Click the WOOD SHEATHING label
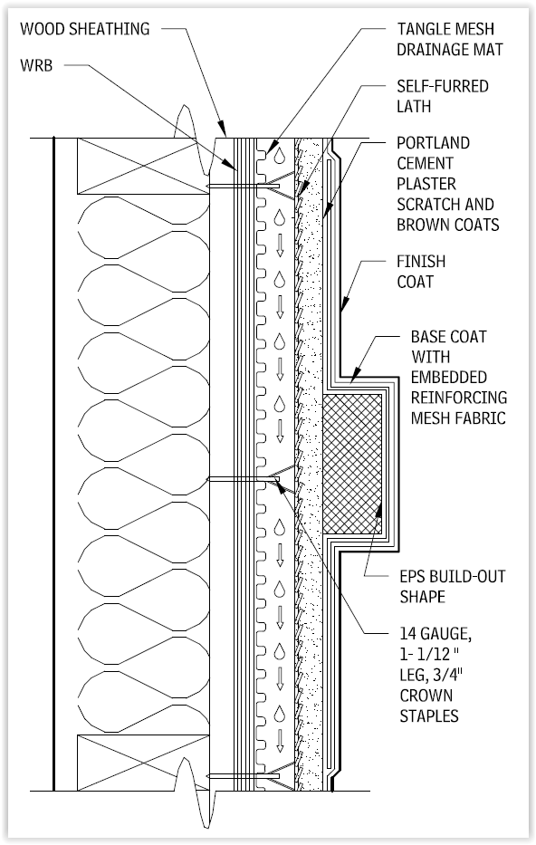point(84,29)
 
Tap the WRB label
point(36,65)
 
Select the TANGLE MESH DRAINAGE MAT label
point(450,39)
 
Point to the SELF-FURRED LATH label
point(443,96)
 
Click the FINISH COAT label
point(421,271)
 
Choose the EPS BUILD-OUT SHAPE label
point(453,586)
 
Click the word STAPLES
point(429,715)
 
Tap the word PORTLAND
point(433,143)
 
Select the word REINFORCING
point(459,398)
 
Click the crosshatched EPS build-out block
point(352,464)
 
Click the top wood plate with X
point(143,166)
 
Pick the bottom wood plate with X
point(143,762)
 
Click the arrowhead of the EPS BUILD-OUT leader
point(379,510)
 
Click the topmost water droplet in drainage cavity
point(279,155)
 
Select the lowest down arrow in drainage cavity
point(280,741)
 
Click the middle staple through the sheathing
point(244,479)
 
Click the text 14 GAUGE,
point(435,634)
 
